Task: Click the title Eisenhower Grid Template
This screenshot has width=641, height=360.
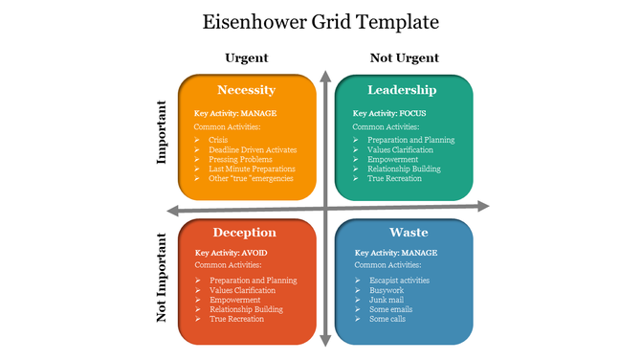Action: [x=321, y=20]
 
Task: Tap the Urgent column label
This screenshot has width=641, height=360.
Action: [x=247, y=57]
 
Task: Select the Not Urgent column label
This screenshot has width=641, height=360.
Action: [x=404, y=57]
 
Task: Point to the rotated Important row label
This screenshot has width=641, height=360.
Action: [x=162, y=133]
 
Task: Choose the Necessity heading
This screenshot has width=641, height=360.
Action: [x=247, y=90]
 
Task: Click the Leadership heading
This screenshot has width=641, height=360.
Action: [x=402, y=90]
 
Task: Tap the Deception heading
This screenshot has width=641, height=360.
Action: [x=245, y=233]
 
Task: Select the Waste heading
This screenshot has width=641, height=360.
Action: [x=402, y=233]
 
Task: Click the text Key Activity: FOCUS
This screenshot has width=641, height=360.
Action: [x=389, y=113]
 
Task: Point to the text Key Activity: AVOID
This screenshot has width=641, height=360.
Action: [x=230, y=253]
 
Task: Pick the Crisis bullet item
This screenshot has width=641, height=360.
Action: [x=218, y=140]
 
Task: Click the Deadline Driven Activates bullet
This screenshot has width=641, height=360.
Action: [x=253, y=149]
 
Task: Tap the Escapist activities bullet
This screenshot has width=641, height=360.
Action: [x=399, y=281]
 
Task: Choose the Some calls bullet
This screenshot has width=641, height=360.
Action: [x=387, y=318]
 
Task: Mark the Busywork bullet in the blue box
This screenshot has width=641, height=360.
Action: [x=387, y=289]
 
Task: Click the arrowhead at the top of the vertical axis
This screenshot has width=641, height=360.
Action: [x=326, y=77]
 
